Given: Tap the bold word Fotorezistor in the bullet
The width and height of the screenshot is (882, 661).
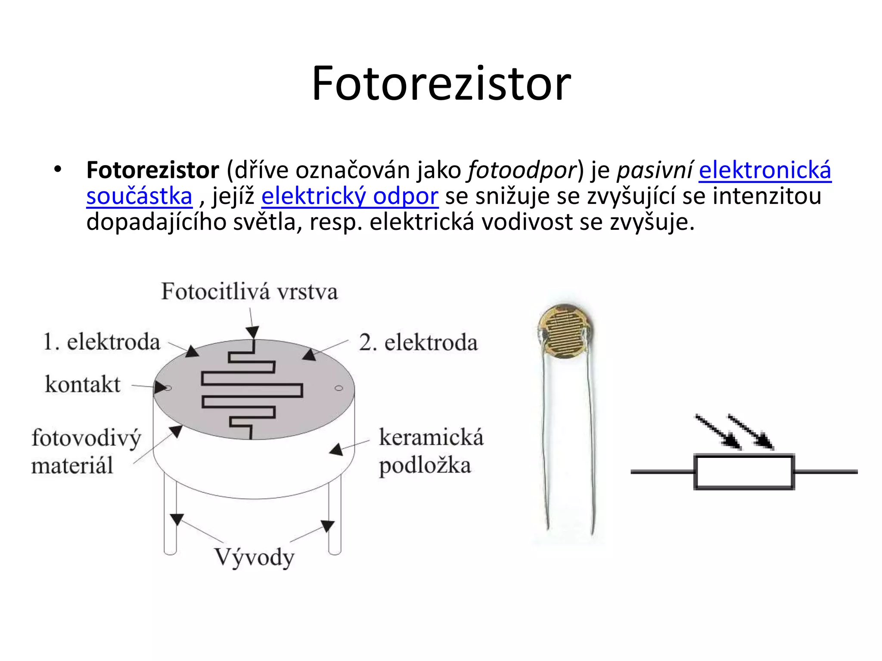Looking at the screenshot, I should pos(152,170).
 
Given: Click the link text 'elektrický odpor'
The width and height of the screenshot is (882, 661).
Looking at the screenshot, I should pos(350,196).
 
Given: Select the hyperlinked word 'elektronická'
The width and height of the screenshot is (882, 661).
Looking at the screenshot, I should pos(765,170).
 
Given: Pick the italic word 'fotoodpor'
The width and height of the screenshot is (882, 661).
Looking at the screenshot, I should pos(522,170).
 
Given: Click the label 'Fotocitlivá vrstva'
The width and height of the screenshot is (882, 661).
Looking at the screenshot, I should pos(249,292).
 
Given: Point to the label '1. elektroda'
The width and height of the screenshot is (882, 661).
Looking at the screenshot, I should pos(102,342).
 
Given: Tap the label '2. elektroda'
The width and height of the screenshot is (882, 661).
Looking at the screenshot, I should pos(418,343).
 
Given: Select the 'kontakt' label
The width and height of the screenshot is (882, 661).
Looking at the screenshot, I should pos(83,384).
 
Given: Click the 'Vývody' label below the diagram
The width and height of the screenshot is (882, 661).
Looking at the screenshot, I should pos(254,558).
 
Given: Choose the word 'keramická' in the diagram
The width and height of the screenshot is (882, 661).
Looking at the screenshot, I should pos(431,438).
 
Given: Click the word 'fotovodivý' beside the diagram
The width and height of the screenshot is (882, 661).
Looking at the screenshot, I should pos(86,439).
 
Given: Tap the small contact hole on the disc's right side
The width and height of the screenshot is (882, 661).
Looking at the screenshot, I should pos(339,388).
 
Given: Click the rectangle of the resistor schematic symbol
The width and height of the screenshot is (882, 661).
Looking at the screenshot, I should pos(744,472).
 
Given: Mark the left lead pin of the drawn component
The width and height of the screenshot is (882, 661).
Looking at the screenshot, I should pos(170,512).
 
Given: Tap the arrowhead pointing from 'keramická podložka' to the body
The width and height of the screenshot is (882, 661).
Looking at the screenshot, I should pos(336,450).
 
